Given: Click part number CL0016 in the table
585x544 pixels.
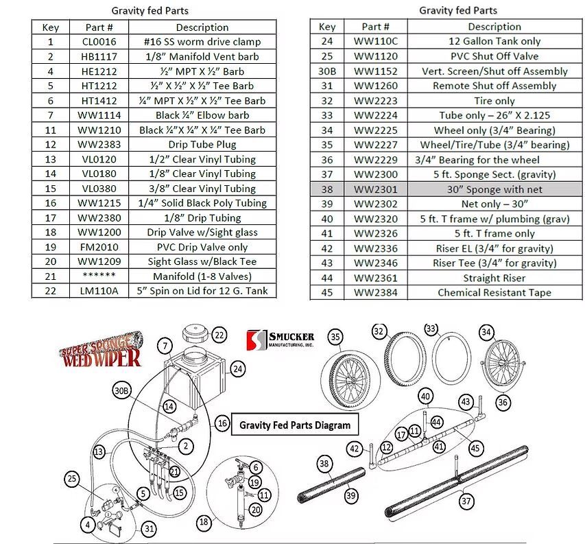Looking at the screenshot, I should coord(99,42).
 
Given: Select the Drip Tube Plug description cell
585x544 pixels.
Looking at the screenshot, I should coord(202,145).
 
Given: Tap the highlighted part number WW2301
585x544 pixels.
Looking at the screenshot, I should coord(375,189).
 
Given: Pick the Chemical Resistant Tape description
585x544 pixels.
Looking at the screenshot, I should coord(494,293).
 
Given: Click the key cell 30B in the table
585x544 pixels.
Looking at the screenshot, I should coord(327,71).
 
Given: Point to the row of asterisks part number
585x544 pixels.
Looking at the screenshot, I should coord(99,276).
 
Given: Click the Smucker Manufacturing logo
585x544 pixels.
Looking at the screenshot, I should coord(280,339).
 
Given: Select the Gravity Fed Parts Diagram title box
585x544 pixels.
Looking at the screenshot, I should coord(294,425).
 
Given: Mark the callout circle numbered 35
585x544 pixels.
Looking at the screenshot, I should coord(335,337).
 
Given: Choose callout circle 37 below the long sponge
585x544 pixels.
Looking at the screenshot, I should coord(466,501).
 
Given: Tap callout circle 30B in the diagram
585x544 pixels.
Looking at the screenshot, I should coord(121,390).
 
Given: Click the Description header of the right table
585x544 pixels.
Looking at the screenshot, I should coord(494,27).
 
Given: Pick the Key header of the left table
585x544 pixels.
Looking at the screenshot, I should coord(51,27).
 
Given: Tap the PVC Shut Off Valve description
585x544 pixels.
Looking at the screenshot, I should coord(494,56).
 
